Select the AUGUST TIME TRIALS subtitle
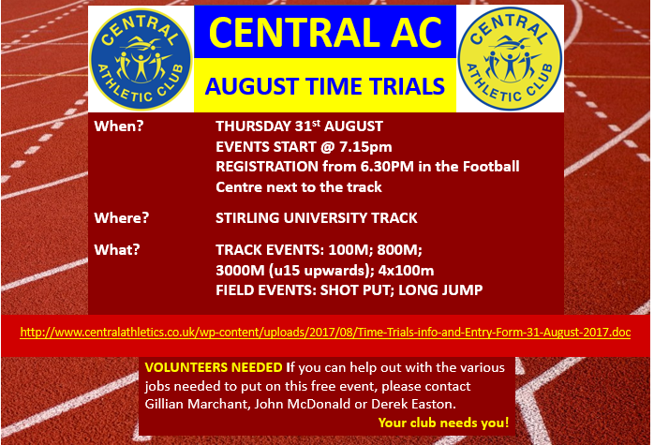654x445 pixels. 325,87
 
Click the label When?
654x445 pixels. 119,126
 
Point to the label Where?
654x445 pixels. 123,218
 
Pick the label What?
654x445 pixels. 117,250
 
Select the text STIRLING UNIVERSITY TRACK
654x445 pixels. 317,218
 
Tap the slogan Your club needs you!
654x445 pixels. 443,423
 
